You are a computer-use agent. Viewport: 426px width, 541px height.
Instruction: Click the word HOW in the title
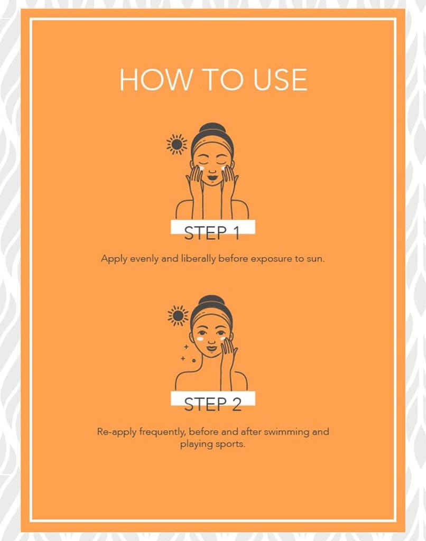(x=155, y=80)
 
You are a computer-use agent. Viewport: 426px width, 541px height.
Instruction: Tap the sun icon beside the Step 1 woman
(x=177, y=144)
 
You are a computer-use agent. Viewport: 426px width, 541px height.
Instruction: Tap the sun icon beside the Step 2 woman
(x=178, y=315)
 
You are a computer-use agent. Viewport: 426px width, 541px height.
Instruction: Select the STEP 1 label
(x=212, y=233)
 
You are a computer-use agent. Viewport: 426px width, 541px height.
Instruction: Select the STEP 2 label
(x=212, y=404)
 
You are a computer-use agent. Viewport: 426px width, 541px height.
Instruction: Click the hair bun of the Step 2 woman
(x=211, y=300)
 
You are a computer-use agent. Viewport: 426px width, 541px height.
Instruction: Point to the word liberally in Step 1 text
(x=198, y=259)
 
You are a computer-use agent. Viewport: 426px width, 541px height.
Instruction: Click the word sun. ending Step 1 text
(x=316, y=259)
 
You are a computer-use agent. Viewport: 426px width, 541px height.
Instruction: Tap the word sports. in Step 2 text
(x=230, y=444)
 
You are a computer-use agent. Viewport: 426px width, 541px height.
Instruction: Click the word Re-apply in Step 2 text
(x=117, y=432)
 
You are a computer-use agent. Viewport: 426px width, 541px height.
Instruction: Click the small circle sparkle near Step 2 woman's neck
(x=193, y=360)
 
